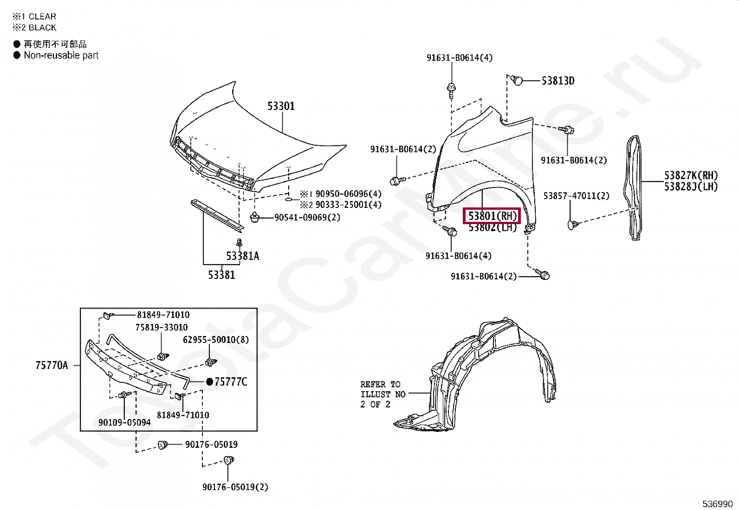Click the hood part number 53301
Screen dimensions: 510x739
coord(281,106)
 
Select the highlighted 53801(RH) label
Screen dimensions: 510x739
coord(492,216)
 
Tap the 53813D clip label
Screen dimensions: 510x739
coord(557,81)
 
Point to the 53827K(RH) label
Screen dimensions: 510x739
coord(690,175)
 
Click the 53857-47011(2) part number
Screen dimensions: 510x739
coord(576,196)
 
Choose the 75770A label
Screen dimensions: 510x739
coord(52,366)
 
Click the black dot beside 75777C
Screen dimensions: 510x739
coord(209,382)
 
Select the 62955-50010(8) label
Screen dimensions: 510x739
coord(215,340)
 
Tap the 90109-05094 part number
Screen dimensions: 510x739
coord(124,423)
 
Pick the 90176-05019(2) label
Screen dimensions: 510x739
coord(235,487)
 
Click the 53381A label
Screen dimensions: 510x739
coord(242,256)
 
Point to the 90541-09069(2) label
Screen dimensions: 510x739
coord(307,218)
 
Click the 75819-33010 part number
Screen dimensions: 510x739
coord(162,328)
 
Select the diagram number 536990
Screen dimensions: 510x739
coord(717,504)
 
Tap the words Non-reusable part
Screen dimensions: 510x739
coord(61,55)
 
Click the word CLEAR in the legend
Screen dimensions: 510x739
coord(42,17)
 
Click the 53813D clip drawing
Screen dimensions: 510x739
coord(517,80)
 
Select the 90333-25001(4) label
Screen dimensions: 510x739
coord(348,205)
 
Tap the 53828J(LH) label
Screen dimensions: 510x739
coord(690,187)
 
